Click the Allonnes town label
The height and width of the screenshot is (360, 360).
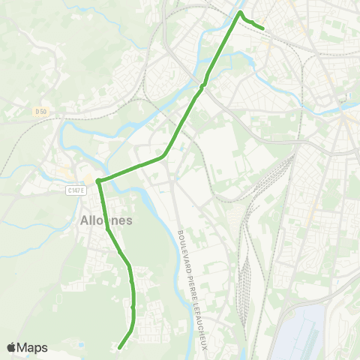[105, 220]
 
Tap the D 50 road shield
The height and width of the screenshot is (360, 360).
[40, 112]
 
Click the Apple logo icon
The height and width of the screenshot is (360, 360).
[11, 347]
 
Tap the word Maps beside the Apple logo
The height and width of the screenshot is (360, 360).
[32, 347]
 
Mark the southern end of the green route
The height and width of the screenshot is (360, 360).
[119, 347]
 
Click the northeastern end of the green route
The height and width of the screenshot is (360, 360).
[263, 28]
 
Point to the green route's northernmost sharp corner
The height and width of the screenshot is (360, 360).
[240, 13]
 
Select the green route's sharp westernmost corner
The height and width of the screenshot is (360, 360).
[97, 180]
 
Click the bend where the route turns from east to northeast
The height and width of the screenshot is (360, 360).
[164, 156]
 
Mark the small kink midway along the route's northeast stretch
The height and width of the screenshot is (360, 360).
[204, 83]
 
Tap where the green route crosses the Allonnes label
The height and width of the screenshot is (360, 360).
[105, 220]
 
